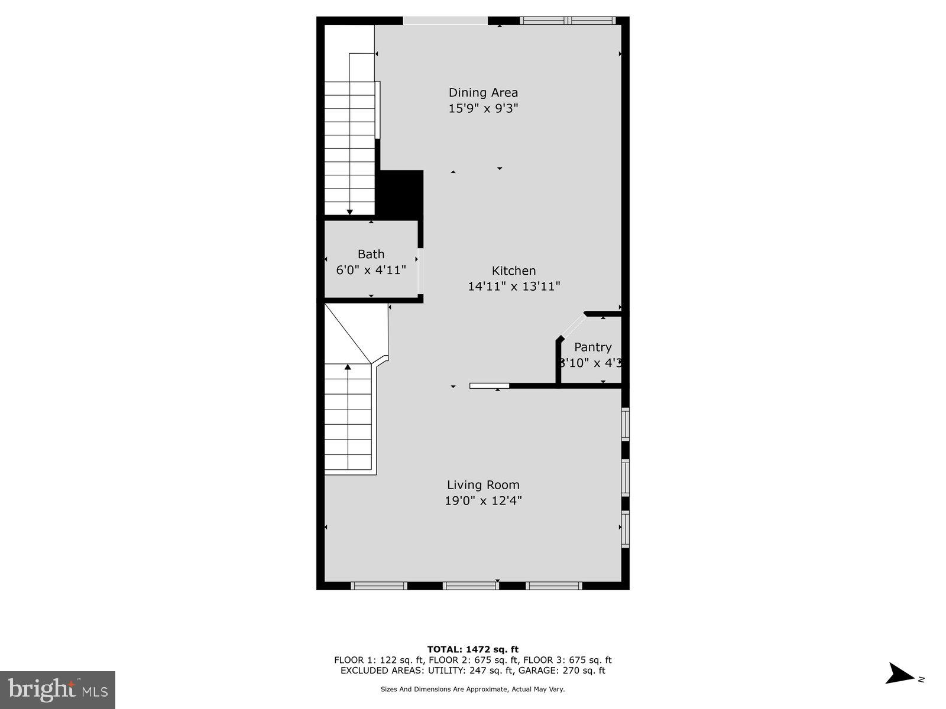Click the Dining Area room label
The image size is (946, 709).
[x=483, y=92]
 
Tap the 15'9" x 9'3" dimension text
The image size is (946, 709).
[x=483, y=108]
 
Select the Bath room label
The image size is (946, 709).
[x=371, y=254]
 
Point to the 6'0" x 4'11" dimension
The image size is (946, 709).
[x=371, y=270]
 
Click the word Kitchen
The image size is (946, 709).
[x=514, y=271]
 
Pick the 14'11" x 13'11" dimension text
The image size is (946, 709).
[x=514, y=287]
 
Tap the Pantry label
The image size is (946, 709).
[x=592, y=347]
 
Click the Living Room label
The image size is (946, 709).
[x=483, y=485]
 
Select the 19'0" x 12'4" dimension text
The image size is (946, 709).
[x=483, y=501]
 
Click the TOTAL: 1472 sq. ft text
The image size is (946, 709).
[x=473, y=649]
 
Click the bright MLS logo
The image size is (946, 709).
[x=57, y=690]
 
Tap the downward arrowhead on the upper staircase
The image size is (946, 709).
[x=349, y=212]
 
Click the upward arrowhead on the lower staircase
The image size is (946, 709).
[x=348, y=367]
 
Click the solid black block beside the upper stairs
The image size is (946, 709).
[x=400, y=194]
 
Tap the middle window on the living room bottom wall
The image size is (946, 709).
[x=471, y=586]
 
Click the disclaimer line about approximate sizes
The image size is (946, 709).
[x=473, y=689]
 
